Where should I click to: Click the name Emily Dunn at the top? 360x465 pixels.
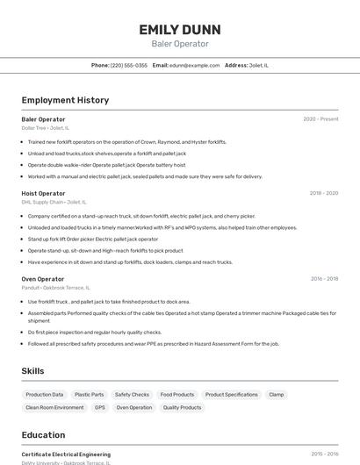(180, 30)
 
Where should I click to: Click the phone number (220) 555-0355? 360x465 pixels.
(129, 65)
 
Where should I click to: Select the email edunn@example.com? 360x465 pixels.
(194, 65)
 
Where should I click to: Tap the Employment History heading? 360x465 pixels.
(65, 100)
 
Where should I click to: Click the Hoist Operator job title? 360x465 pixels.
(43, 193)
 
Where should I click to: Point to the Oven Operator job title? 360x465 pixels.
(43, 279)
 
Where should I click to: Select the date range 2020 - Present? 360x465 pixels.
(320, 119)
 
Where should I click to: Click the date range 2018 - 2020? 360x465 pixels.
(323, 193)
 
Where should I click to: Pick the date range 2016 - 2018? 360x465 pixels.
(324, 279)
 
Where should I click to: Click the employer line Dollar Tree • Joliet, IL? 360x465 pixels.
(46, 128)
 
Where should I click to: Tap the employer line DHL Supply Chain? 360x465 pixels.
(54, 202)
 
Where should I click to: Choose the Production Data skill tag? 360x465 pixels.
(45, 395)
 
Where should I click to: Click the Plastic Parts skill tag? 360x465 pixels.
(90, 395)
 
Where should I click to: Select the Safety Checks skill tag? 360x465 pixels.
(133, 395)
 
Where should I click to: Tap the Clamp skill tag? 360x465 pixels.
(277, 395)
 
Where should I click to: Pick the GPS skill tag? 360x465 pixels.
(100, 407)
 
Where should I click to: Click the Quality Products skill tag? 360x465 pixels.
(183, 407)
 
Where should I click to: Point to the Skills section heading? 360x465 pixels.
(32, 371)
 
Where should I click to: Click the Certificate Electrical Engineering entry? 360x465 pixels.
(66, 454)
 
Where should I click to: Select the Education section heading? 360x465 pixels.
(43, 435)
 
